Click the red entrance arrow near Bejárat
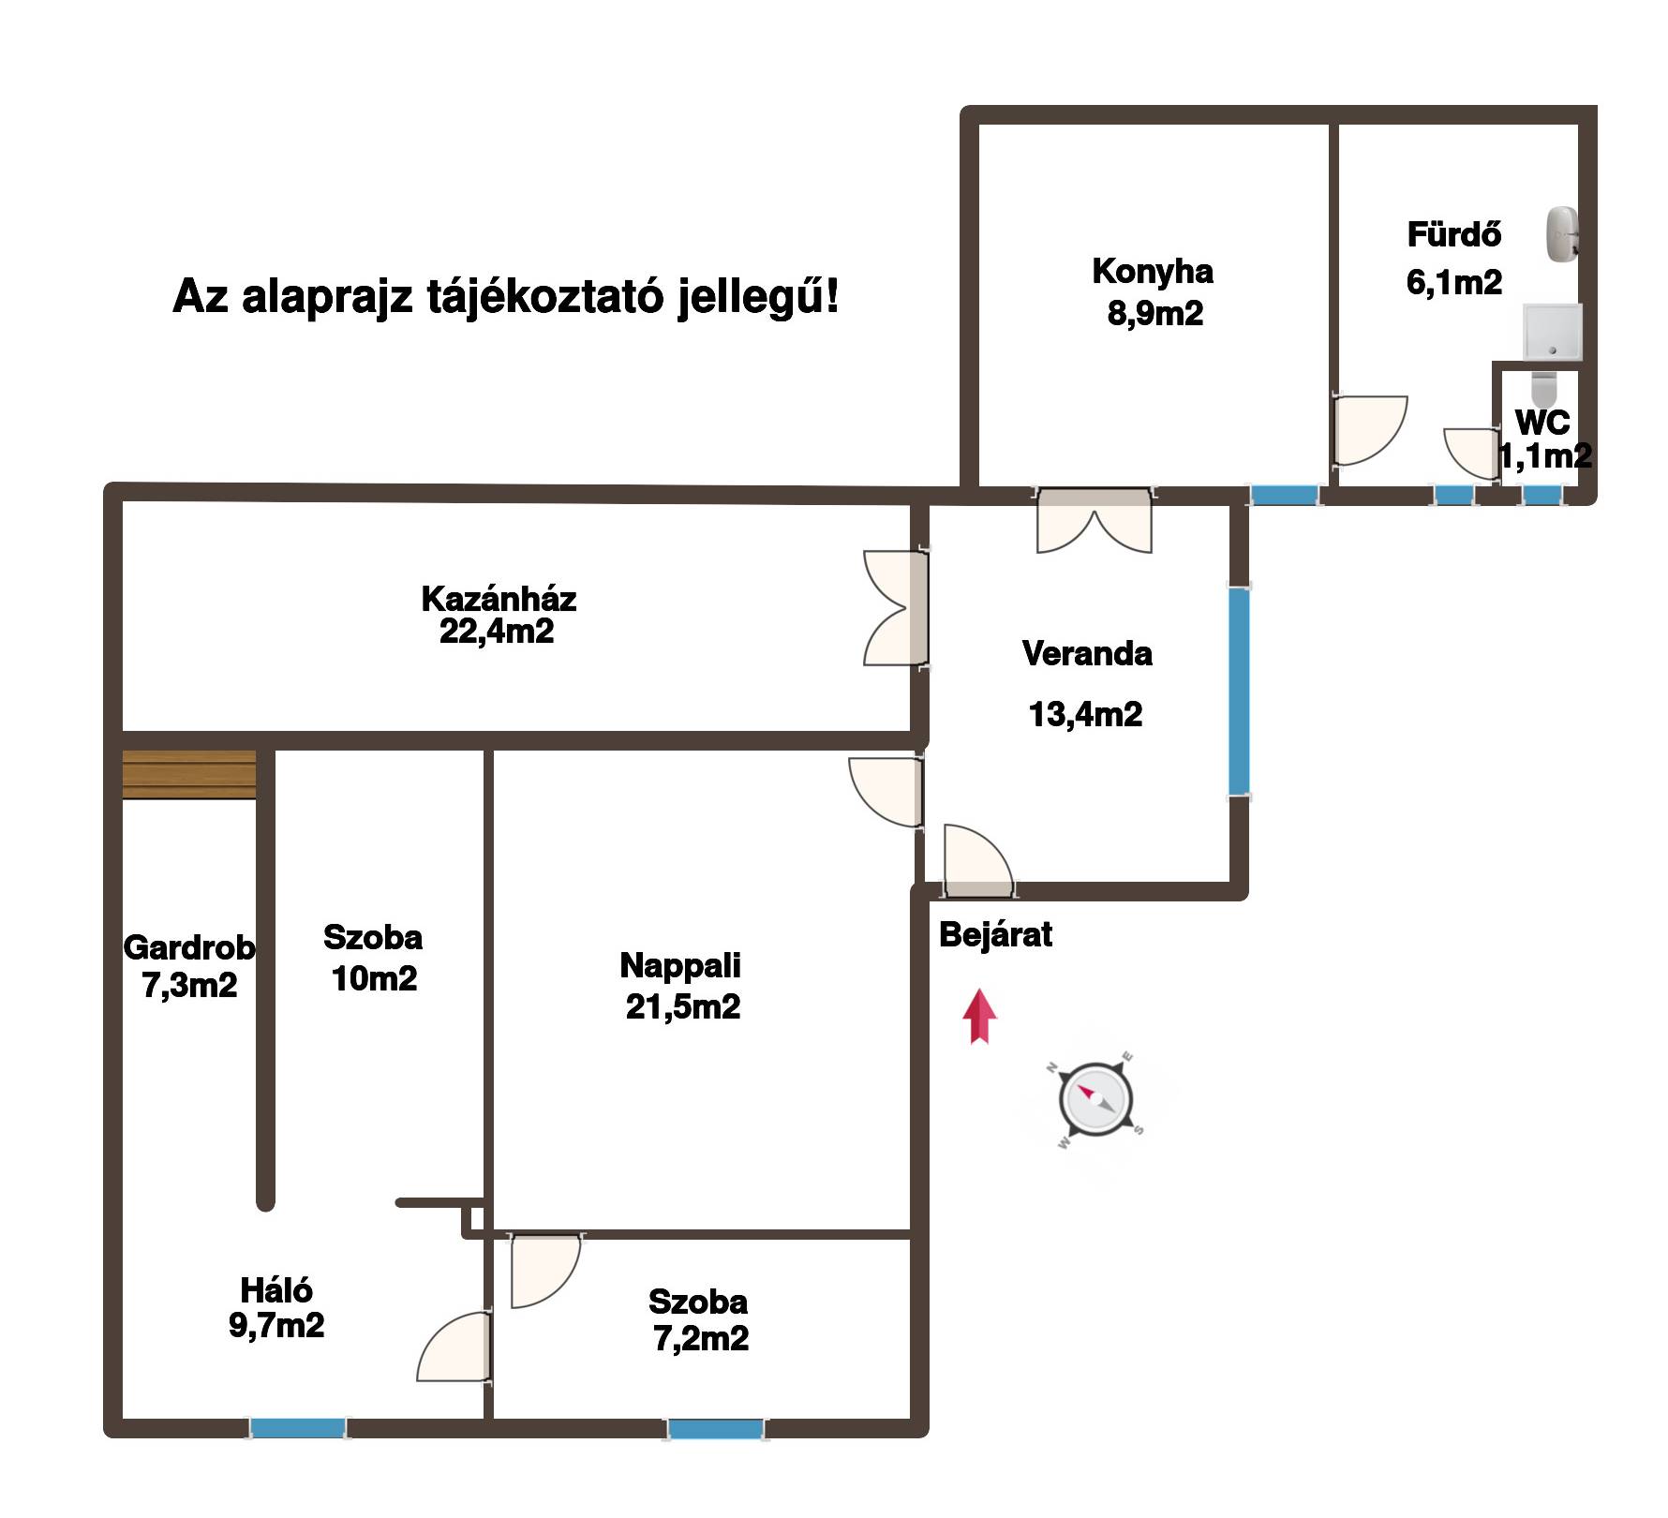pyautogui.click(x=979, y=1016)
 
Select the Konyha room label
pyautogui.click(x=1153, y=272)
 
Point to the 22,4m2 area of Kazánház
pyautogui.click(x=497, y=632)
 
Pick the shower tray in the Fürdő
pyautogui.click(x=1552, y=332)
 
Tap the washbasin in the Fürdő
pyautogui.click(x=1562, y=233)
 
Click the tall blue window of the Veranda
pyautogui.click(x=1239, y=692)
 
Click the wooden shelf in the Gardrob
pyautogui.click(x=189, y=774)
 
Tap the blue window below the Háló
pyautogui.click(x=298, y=1428)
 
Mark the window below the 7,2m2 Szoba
pyautogui.click(x=715, y=1429)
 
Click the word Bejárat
pyautogui.click(x=995, y=934)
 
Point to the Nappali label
pyautogui.click(x=680, y=965)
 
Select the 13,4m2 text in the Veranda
pyautogui.click(x=1085, y=715)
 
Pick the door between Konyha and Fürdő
pyautogui.click(x=1369, y=429)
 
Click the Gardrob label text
pyautogui.click(x=188, y=948)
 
